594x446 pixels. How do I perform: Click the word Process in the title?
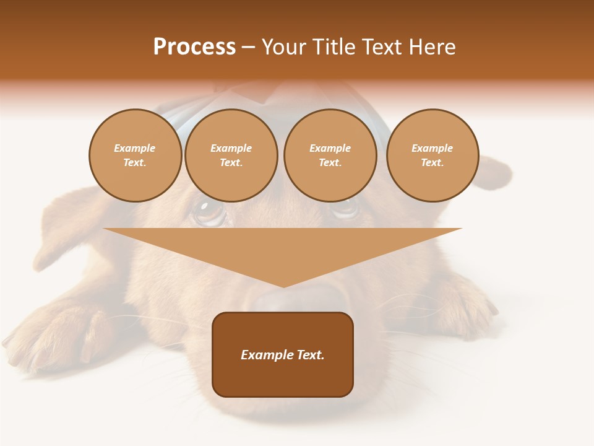point(194,47)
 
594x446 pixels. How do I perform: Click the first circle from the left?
point(135,155)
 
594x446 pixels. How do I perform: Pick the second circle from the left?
point(231,155)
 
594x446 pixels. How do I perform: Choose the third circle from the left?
point(330,155)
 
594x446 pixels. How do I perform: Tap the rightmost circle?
point(433,155)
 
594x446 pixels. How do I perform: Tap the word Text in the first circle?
point(134,163)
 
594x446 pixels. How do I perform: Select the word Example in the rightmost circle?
point(432,148)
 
